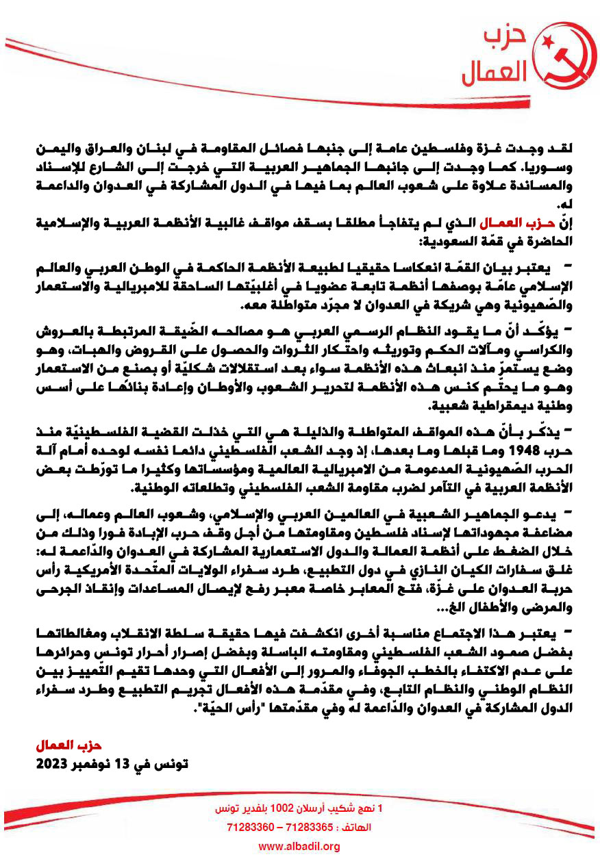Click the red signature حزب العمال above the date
point(68,745)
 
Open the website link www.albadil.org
point(299,847)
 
